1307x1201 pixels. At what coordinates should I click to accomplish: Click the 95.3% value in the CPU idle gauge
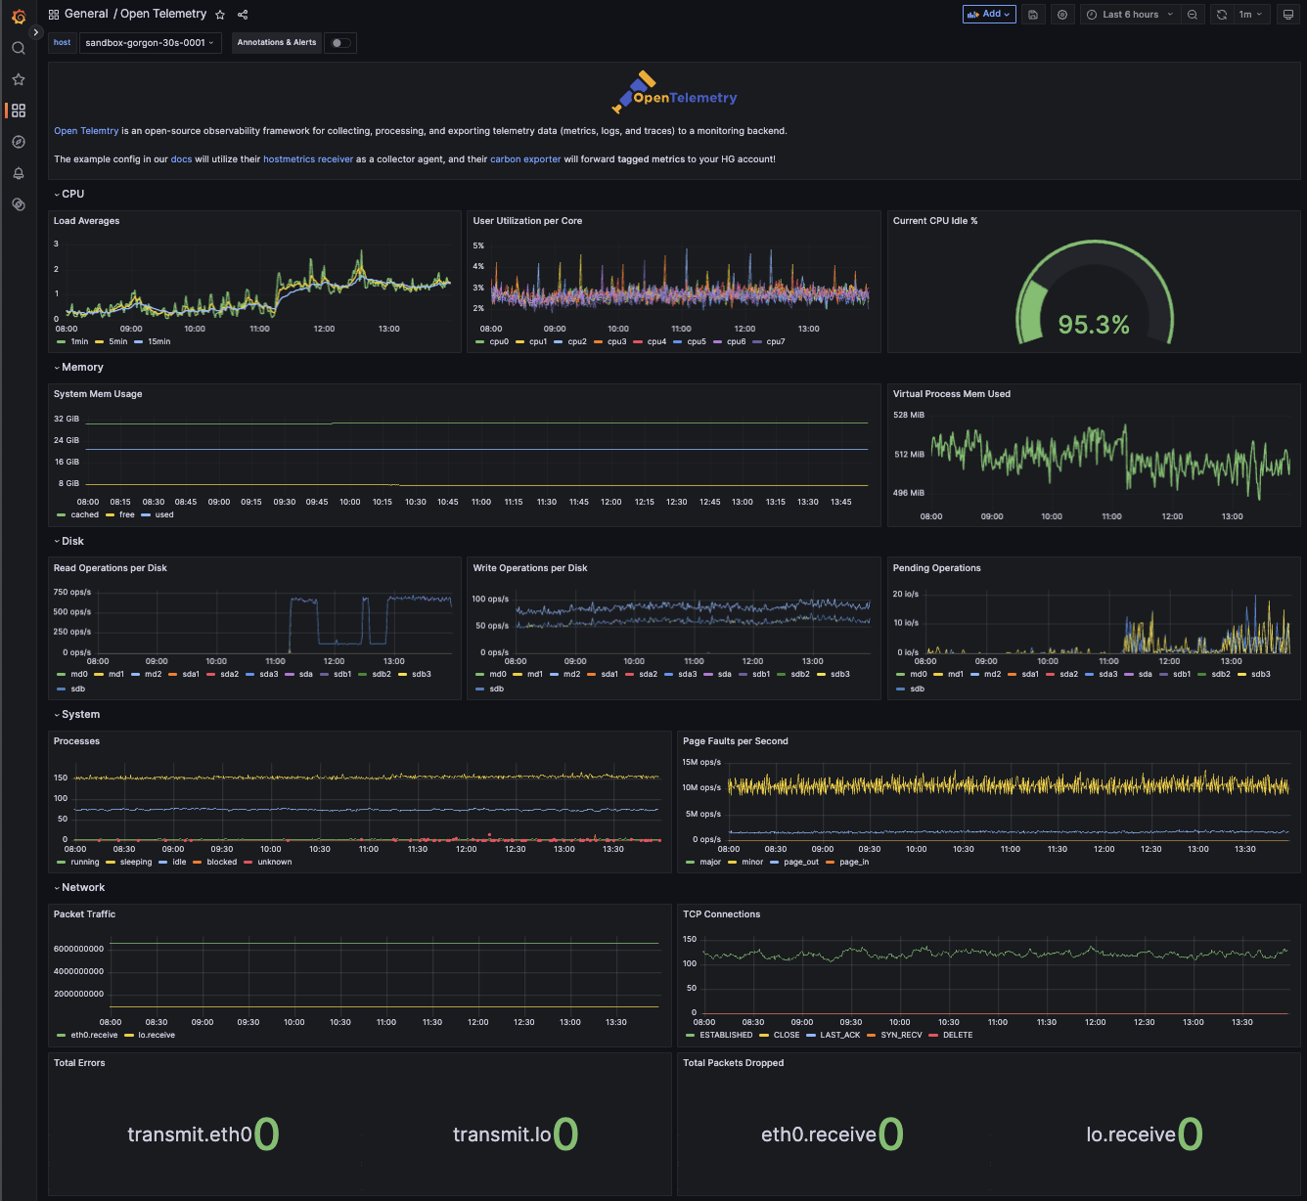click(1094, 325)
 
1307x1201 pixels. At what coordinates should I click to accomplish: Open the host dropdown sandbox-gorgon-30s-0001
click(150, 43)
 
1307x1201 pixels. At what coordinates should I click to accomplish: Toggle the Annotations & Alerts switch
click(339, 43)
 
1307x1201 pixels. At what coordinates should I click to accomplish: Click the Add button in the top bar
click(988, 15)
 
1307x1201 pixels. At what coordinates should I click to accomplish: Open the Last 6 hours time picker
click(1131, 15)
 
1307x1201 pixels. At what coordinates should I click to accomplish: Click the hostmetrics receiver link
click(308, 159)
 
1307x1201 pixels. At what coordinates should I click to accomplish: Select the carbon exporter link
click(525, 159)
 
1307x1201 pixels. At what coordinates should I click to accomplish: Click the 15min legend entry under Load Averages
click(153, 341)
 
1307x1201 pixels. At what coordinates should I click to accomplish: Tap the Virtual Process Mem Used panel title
click(951, 393)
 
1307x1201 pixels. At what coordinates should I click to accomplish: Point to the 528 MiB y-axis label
click(908, 415)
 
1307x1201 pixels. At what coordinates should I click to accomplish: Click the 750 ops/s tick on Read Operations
click(71, 593)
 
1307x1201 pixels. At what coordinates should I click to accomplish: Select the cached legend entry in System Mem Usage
click(78, 514)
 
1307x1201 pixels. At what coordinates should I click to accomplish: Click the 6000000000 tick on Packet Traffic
click(79, 949)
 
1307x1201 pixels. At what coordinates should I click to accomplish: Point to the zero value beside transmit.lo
click(564, 1134)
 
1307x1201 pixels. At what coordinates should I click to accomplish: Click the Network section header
click(83, 888)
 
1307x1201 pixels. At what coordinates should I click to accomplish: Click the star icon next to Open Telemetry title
click(220, 15)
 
